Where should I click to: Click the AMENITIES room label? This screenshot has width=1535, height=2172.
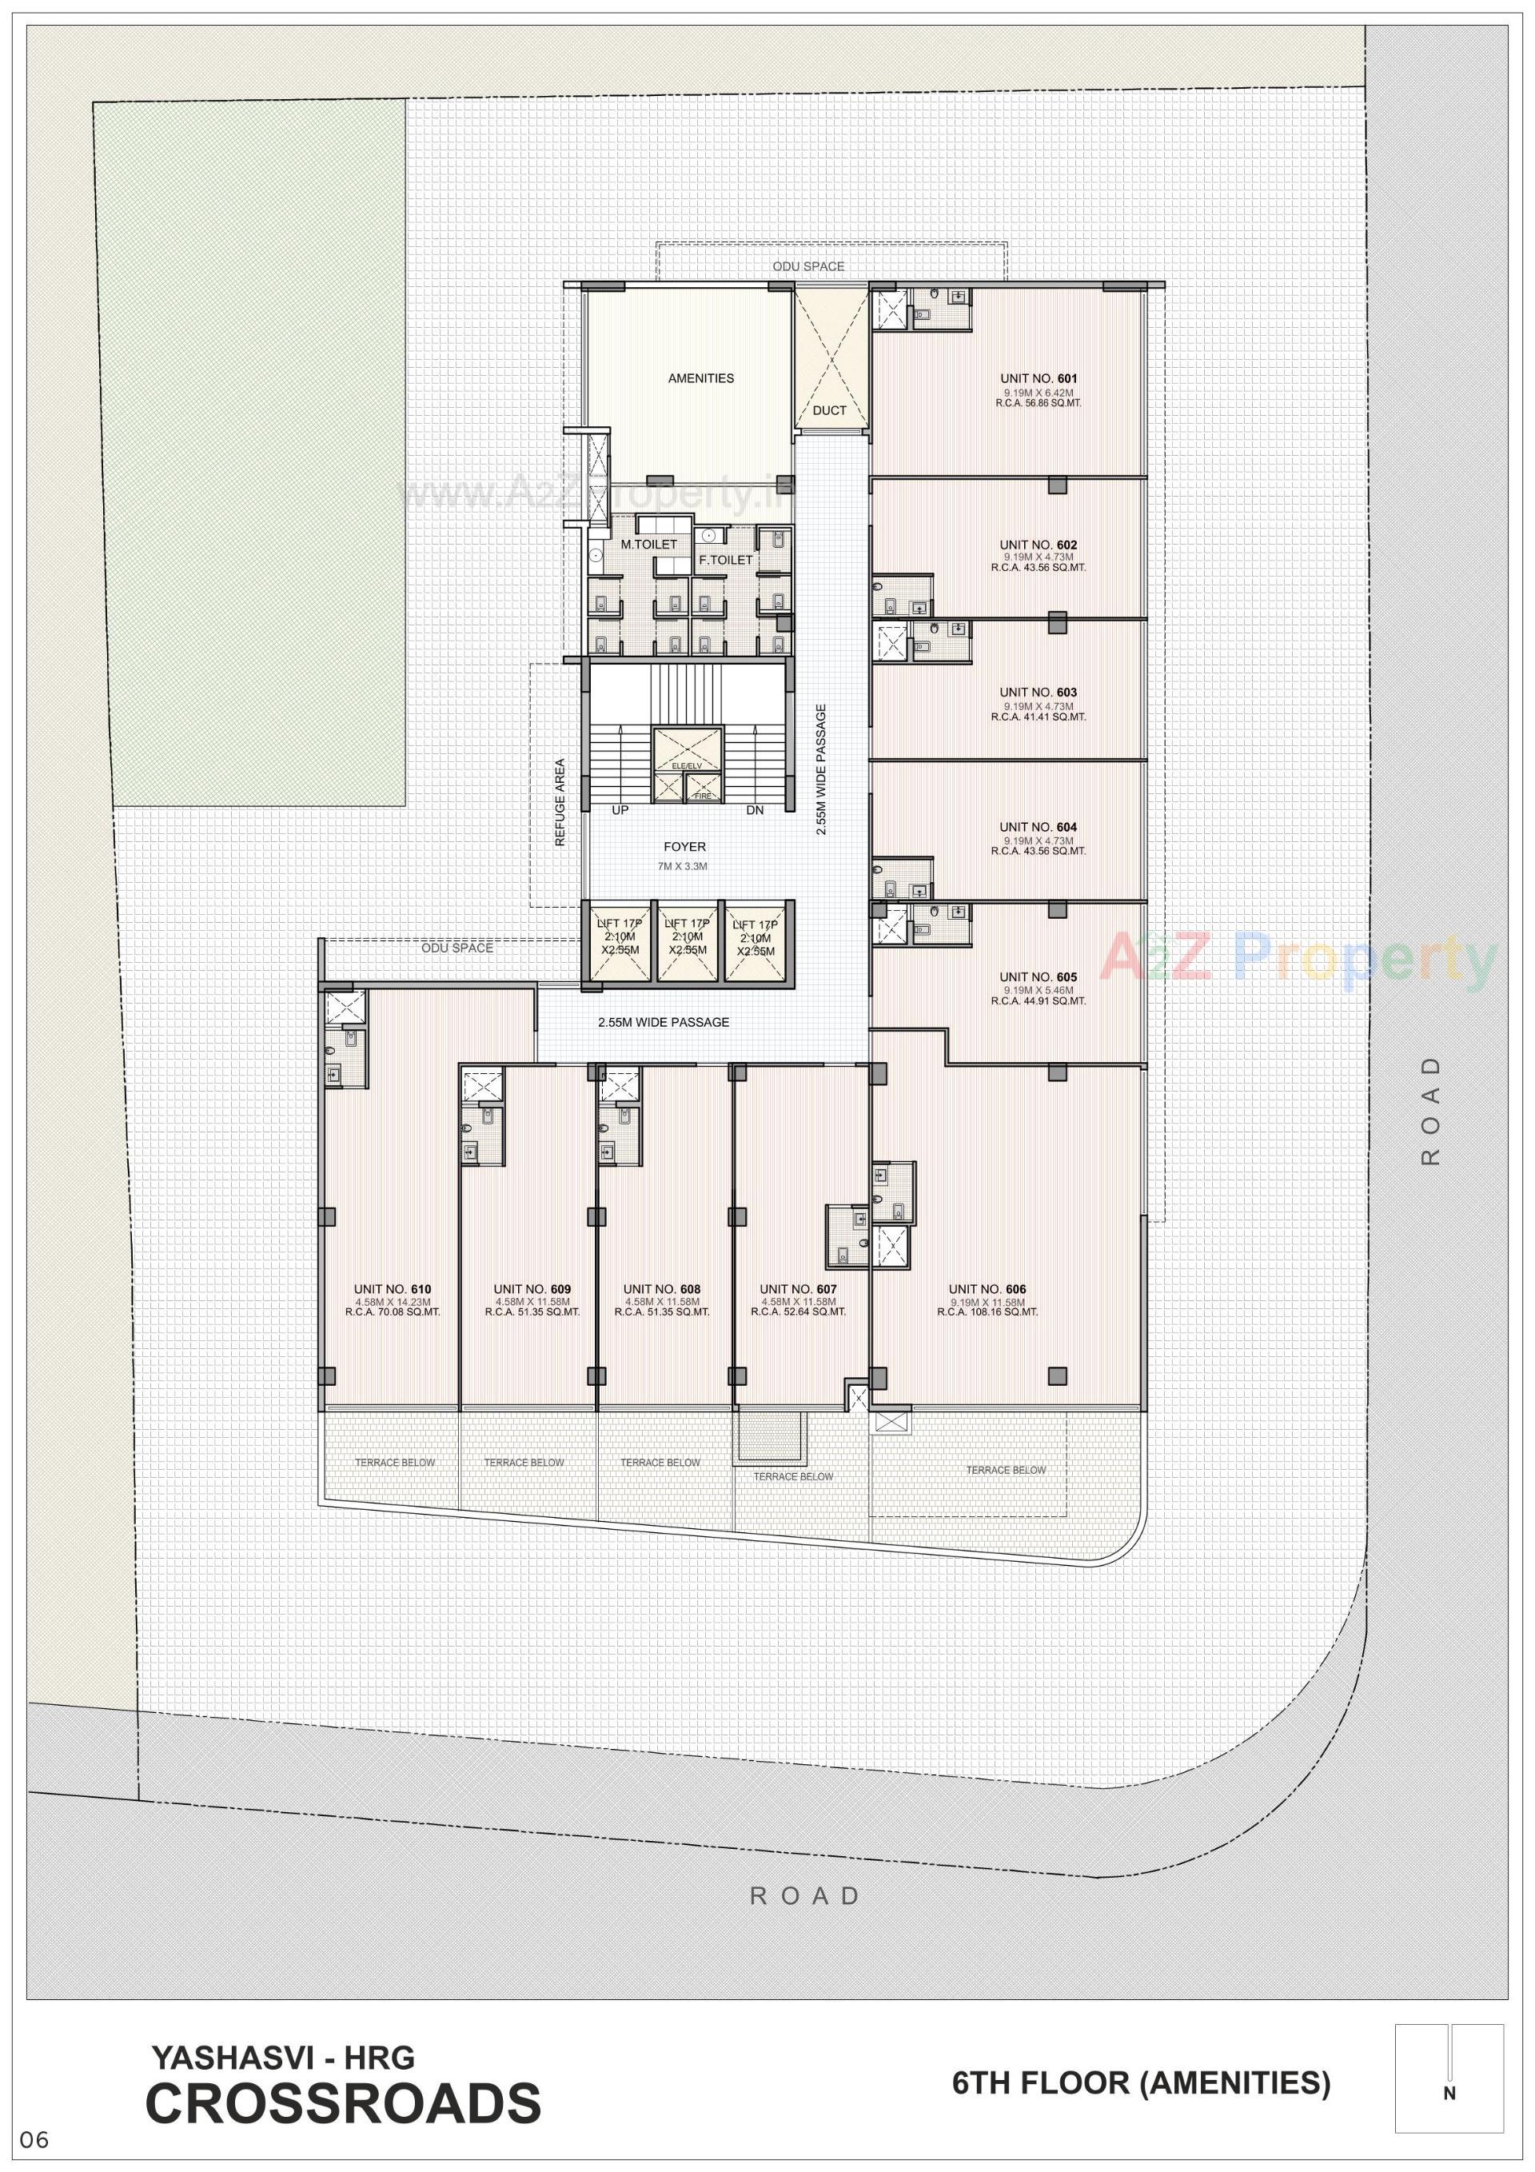pos(701,378)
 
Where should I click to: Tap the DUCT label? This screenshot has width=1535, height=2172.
pos(829,410)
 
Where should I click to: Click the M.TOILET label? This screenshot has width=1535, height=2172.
pos(649,545)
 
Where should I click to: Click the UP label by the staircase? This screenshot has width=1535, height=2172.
pos(620,811)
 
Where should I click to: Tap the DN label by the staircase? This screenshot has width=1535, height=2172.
pos(755,811)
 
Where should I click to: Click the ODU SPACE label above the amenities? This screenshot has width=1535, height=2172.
pos(807,267)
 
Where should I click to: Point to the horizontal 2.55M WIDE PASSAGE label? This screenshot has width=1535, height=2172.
pos(663,1022)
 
